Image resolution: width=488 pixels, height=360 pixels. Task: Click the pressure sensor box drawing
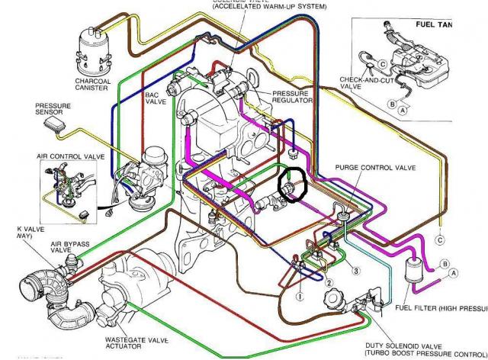[x=53, y=124]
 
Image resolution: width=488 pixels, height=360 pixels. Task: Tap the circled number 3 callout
[x=355, y=269]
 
